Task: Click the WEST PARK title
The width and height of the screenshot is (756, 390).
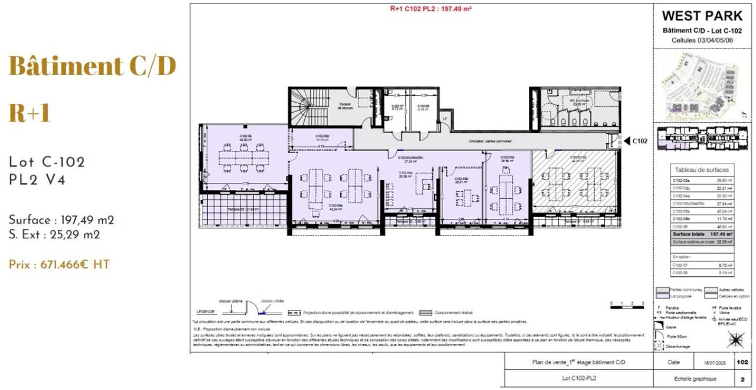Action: (702, 16)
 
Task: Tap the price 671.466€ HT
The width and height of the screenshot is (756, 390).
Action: (59, 265)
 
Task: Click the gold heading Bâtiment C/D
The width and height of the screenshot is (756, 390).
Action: (92, 66)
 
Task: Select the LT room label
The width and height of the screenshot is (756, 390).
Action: (444, 119)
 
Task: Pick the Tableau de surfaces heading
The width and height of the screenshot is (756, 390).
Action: (702, 170)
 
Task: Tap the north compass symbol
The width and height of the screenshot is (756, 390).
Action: (735, 340)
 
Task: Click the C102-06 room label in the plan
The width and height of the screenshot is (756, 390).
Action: (246, 137)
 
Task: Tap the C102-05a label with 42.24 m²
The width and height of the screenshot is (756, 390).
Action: (336, 207)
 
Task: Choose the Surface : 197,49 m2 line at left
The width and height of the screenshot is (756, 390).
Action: (61, 220)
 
